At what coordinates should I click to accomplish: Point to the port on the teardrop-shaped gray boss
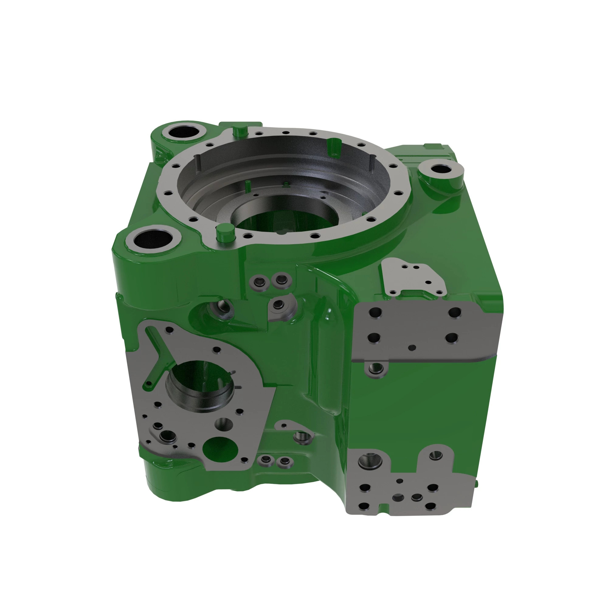tap(278, 304)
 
